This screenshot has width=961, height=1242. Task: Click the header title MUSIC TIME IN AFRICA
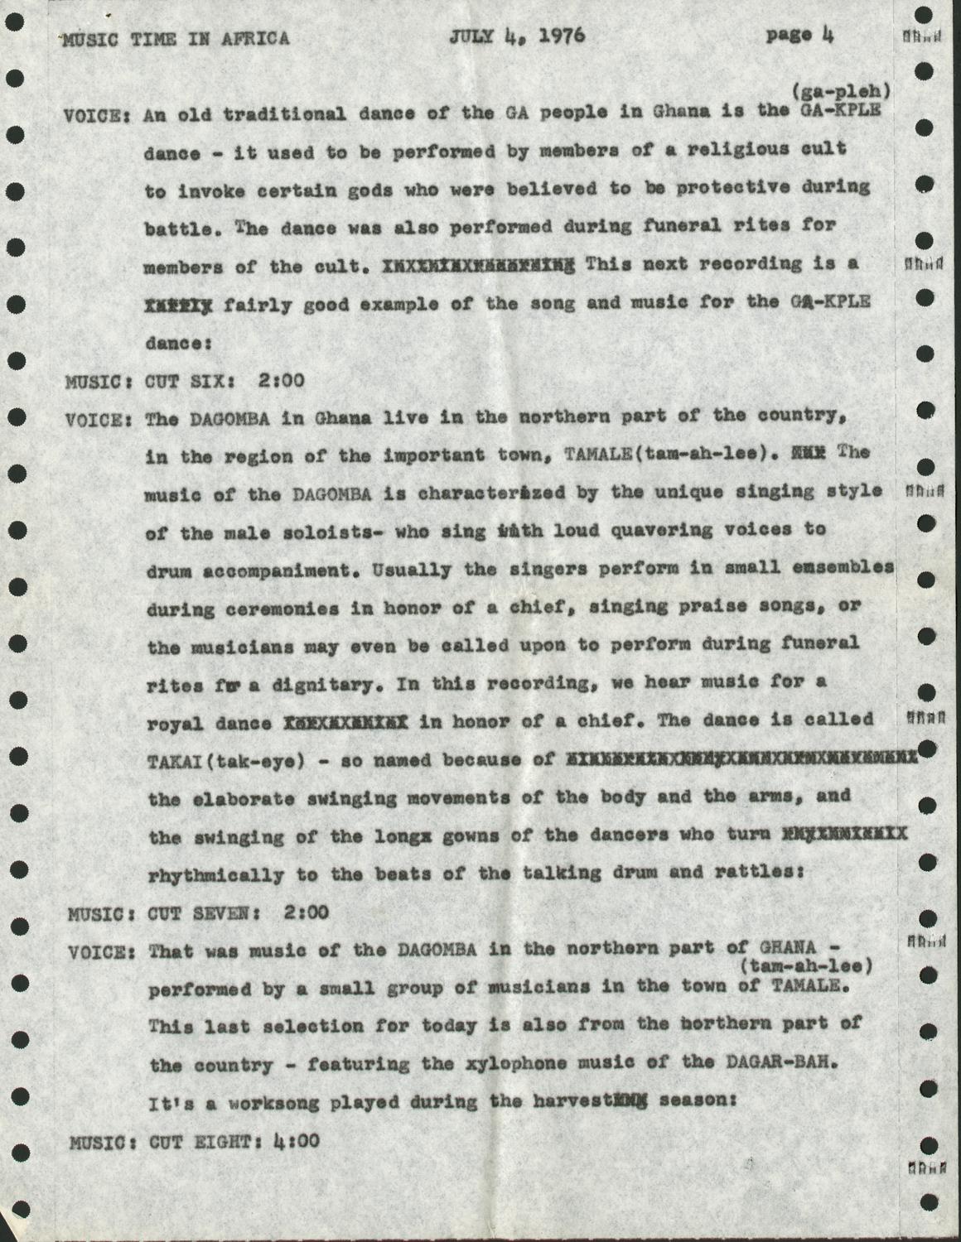(x=176, y=39)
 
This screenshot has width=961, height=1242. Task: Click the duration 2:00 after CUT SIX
(x=281, y=382)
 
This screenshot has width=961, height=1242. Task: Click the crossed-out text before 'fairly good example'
(x=178, y=303)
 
